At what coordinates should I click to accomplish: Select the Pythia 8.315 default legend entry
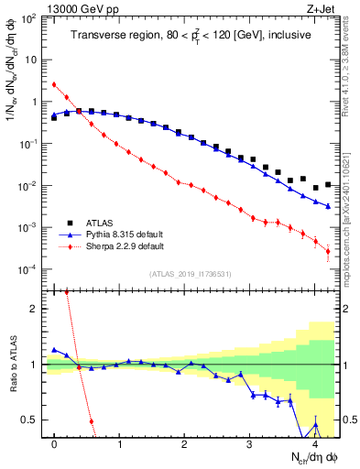112,234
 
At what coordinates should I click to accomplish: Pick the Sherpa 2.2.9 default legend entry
111,246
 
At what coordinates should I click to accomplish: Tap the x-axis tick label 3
250,442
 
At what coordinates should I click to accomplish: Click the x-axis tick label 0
54,442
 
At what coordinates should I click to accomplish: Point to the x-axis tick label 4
315,442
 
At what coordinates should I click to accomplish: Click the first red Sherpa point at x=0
54,84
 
